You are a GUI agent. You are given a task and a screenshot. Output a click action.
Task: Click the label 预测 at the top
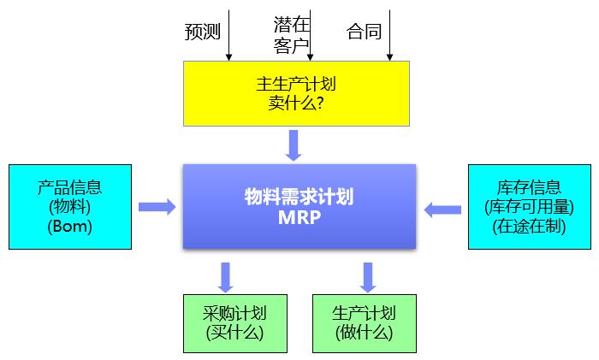(203, 32)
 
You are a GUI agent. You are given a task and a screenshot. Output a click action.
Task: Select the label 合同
(364, 32)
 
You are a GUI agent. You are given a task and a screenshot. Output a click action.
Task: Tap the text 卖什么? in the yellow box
(295, 103)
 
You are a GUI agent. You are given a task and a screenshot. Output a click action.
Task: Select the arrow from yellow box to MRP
(295, 145)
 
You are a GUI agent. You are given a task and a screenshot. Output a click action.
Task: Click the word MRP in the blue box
(299, 216)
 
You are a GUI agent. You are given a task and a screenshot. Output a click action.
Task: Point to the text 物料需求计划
(299, 197)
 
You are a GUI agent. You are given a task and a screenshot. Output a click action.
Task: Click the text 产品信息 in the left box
(70, 187)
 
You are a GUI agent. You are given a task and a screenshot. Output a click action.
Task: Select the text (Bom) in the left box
(70, 227)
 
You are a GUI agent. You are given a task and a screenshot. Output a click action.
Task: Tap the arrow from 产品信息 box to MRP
(157, 207)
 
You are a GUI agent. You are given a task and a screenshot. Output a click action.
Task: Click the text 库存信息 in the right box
(529, 187)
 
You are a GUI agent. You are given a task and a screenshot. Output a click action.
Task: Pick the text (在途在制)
(529, 227)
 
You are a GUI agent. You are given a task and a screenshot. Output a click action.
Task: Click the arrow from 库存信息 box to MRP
(442, 208)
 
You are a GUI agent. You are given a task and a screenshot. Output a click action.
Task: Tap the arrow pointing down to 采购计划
(226, 276)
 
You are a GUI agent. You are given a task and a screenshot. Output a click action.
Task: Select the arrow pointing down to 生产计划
(369, 276)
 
